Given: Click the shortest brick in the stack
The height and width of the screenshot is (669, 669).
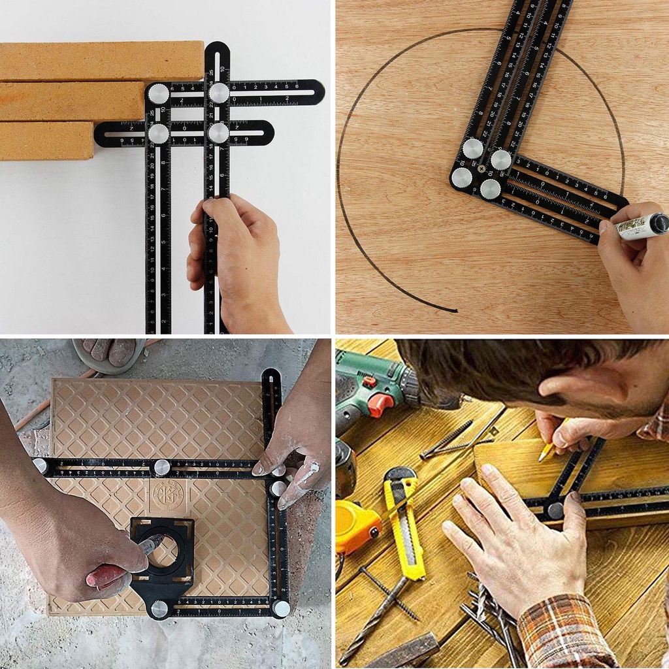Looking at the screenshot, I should [x=46, y=140].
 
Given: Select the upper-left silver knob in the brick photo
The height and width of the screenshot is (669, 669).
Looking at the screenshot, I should [x=158, y=94].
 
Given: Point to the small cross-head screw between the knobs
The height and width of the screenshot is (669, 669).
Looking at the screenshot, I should [x=481, y=169].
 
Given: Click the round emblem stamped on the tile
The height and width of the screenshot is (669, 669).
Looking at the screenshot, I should [x=167, y=493].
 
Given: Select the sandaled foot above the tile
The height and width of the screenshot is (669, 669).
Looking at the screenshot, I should [x=108, y=353].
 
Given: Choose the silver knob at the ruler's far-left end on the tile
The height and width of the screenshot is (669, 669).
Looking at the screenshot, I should [x=41, y=465].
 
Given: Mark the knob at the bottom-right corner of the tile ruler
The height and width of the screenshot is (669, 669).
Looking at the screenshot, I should [x=281, y=608].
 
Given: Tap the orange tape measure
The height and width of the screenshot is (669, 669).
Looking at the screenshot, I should [x=356, y=526].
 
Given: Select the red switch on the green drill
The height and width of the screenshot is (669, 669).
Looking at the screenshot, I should [x=380, y=404].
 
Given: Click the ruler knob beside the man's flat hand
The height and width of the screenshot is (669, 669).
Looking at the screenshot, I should [x=556, y=510].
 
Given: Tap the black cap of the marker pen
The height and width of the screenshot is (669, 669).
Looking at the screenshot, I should [x=659, y=224].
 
